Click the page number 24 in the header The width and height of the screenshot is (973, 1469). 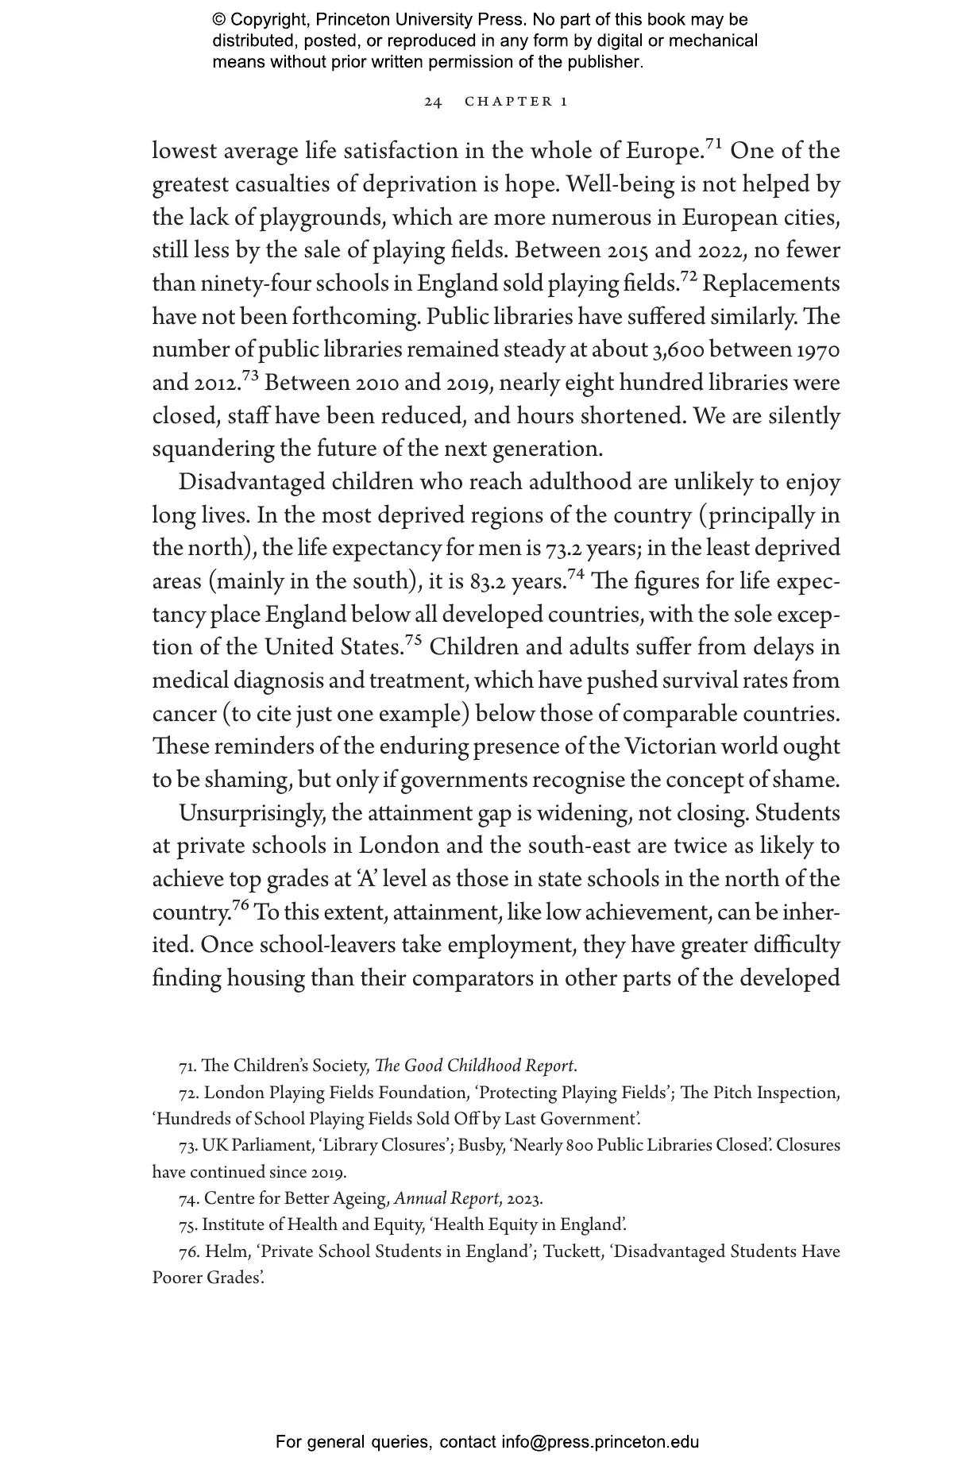point(433,102)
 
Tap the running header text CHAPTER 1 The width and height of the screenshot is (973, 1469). point(516,102)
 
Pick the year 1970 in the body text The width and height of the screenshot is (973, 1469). point(817,350)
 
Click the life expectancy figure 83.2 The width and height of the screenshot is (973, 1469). point(488,582)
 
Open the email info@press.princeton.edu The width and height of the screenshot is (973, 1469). point(600,1442)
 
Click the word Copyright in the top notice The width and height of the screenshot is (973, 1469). point(267,20)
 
